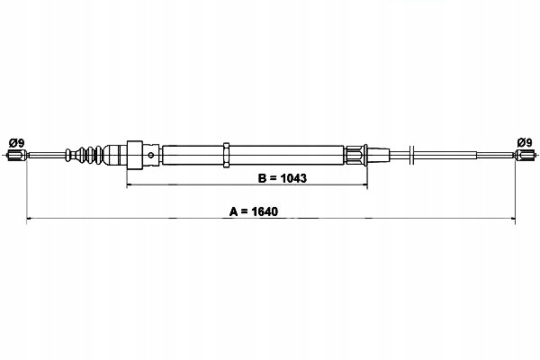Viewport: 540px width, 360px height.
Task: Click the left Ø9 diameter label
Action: click(16, 142)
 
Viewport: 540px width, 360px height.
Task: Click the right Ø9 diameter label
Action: click(525, 142)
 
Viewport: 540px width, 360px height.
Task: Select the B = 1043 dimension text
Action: click(282, 178)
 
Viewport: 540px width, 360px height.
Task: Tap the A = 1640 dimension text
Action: click(254, 211)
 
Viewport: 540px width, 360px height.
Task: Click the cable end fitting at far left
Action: click(16, 155)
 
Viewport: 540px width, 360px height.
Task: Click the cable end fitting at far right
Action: click(526, 155)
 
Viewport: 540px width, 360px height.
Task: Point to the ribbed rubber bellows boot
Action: click(85, 155)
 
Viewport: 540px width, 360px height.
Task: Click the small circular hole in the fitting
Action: click(151, 155)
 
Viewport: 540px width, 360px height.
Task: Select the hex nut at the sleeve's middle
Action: click(226, 155)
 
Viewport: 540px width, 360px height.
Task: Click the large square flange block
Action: click(135, 155)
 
